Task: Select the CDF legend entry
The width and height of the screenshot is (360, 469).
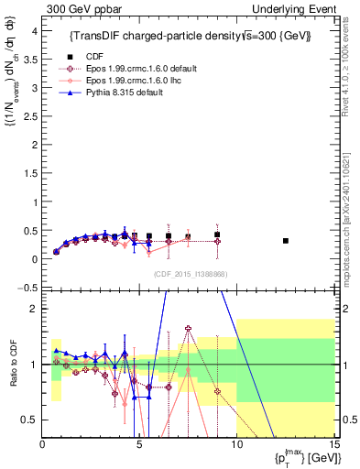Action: tap(94, 56)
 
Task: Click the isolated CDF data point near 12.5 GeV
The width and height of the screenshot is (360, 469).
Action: tap(286, 241)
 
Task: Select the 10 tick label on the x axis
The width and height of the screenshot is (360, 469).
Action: tap(235, 446)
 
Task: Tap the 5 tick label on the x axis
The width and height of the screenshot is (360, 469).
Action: tap(139, 446)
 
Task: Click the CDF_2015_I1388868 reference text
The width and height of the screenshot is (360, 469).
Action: tap(190, 274)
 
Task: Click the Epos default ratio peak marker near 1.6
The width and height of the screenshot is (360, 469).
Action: tap(188, 328)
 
